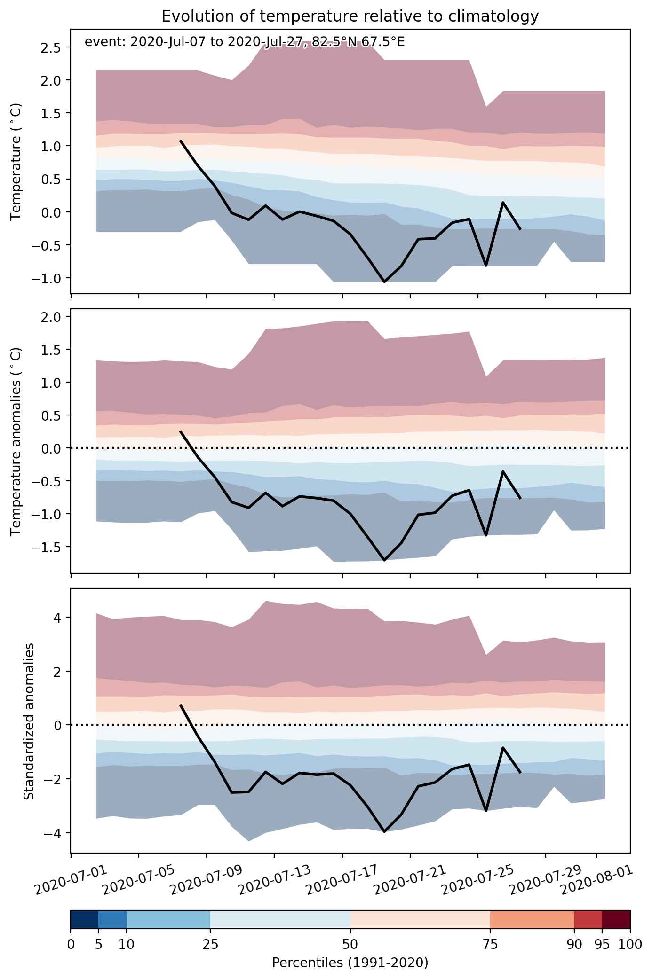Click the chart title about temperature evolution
pos(350,16)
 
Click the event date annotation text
pos(245,42)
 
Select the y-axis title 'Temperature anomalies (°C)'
pos(16,441)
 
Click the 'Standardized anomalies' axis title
pos(29,721)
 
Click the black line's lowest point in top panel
pos(384,282)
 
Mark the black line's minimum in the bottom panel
pos(384,831)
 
